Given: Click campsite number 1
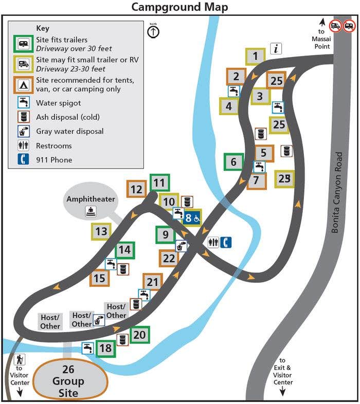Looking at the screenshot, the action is (255, 57).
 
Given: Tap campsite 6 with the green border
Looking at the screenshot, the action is (233, 162).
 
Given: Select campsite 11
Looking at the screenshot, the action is (159, 182).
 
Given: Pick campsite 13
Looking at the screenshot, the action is (101, 231).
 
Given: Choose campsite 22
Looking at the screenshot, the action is (169, 259).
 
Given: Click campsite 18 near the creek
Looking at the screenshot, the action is (106, 348).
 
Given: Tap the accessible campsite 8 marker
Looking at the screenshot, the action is (192, 218).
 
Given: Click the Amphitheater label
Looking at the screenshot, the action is (91, 199).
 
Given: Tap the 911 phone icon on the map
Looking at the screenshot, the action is (226, 242).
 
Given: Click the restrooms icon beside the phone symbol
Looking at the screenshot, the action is (213, 242).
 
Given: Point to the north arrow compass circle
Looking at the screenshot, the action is (153, 32).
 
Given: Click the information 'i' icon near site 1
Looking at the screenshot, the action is (276, 48).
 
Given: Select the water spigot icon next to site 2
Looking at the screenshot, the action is (234, 91).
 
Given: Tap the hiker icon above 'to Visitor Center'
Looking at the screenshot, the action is (20, 359).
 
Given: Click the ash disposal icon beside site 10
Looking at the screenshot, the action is (187, 202).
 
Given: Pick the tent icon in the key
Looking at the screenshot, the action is (23, 85).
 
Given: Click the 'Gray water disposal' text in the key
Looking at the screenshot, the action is (69, 131).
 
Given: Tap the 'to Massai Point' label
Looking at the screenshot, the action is (321, 39).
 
